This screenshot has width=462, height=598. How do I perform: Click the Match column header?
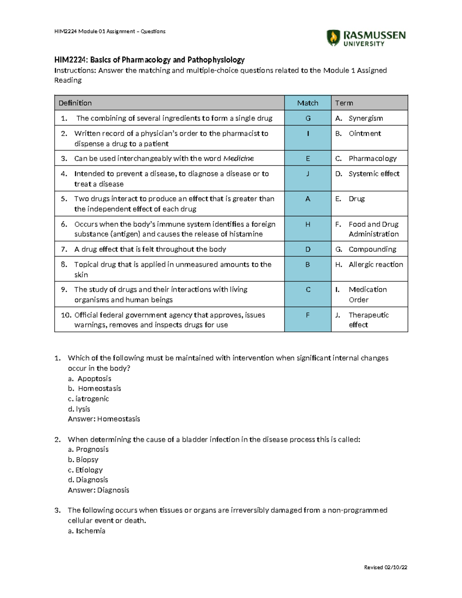pos(308,103)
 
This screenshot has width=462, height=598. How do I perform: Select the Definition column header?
pos(75,103)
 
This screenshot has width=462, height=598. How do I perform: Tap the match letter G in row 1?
pos(308,118)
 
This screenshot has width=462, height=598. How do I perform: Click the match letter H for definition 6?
pos(308,224)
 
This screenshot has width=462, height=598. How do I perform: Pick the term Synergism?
pos(365,118)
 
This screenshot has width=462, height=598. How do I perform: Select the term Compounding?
pos(372,249)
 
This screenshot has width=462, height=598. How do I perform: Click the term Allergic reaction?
pos(375,265)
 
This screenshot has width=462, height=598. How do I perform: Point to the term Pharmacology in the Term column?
pos(372,158)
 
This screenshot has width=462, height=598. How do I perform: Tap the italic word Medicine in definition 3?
pos(238,158)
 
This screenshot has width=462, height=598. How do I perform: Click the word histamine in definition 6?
pos(246,234)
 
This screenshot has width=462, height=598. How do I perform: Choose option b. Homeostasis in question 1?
pos(95,389)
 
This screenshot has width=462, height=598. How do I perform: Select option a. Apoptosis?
pos(90,379)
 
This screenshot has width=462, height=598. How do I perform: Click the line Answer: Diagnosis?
pos(99,490)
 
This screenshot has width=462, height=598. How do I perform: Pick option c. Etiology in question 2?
pos(85,470)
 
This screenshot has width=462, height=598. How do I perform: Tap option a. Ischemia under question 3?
pos(87,531)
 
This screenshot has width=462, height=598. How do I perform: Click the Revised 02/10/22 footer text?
pos(385,567)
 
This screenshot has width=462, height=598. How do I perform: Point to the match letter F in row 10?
pos(308,315)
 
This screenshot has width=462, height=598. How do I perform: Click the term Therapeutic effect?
pos(368,320)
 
